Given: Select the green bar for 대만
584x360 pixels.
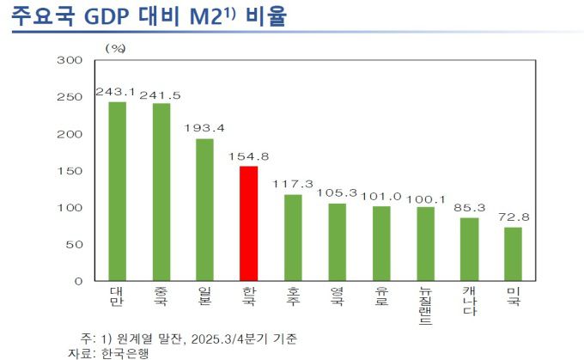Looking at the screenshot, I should [117, 191].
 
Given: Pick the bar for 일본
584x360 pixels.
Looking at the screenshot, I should [204, 209].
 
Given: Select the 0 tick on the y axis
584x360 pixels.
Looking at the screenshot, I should [77, 281].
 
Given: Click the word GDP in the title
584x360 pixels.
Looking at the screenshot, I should [116, 17].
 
